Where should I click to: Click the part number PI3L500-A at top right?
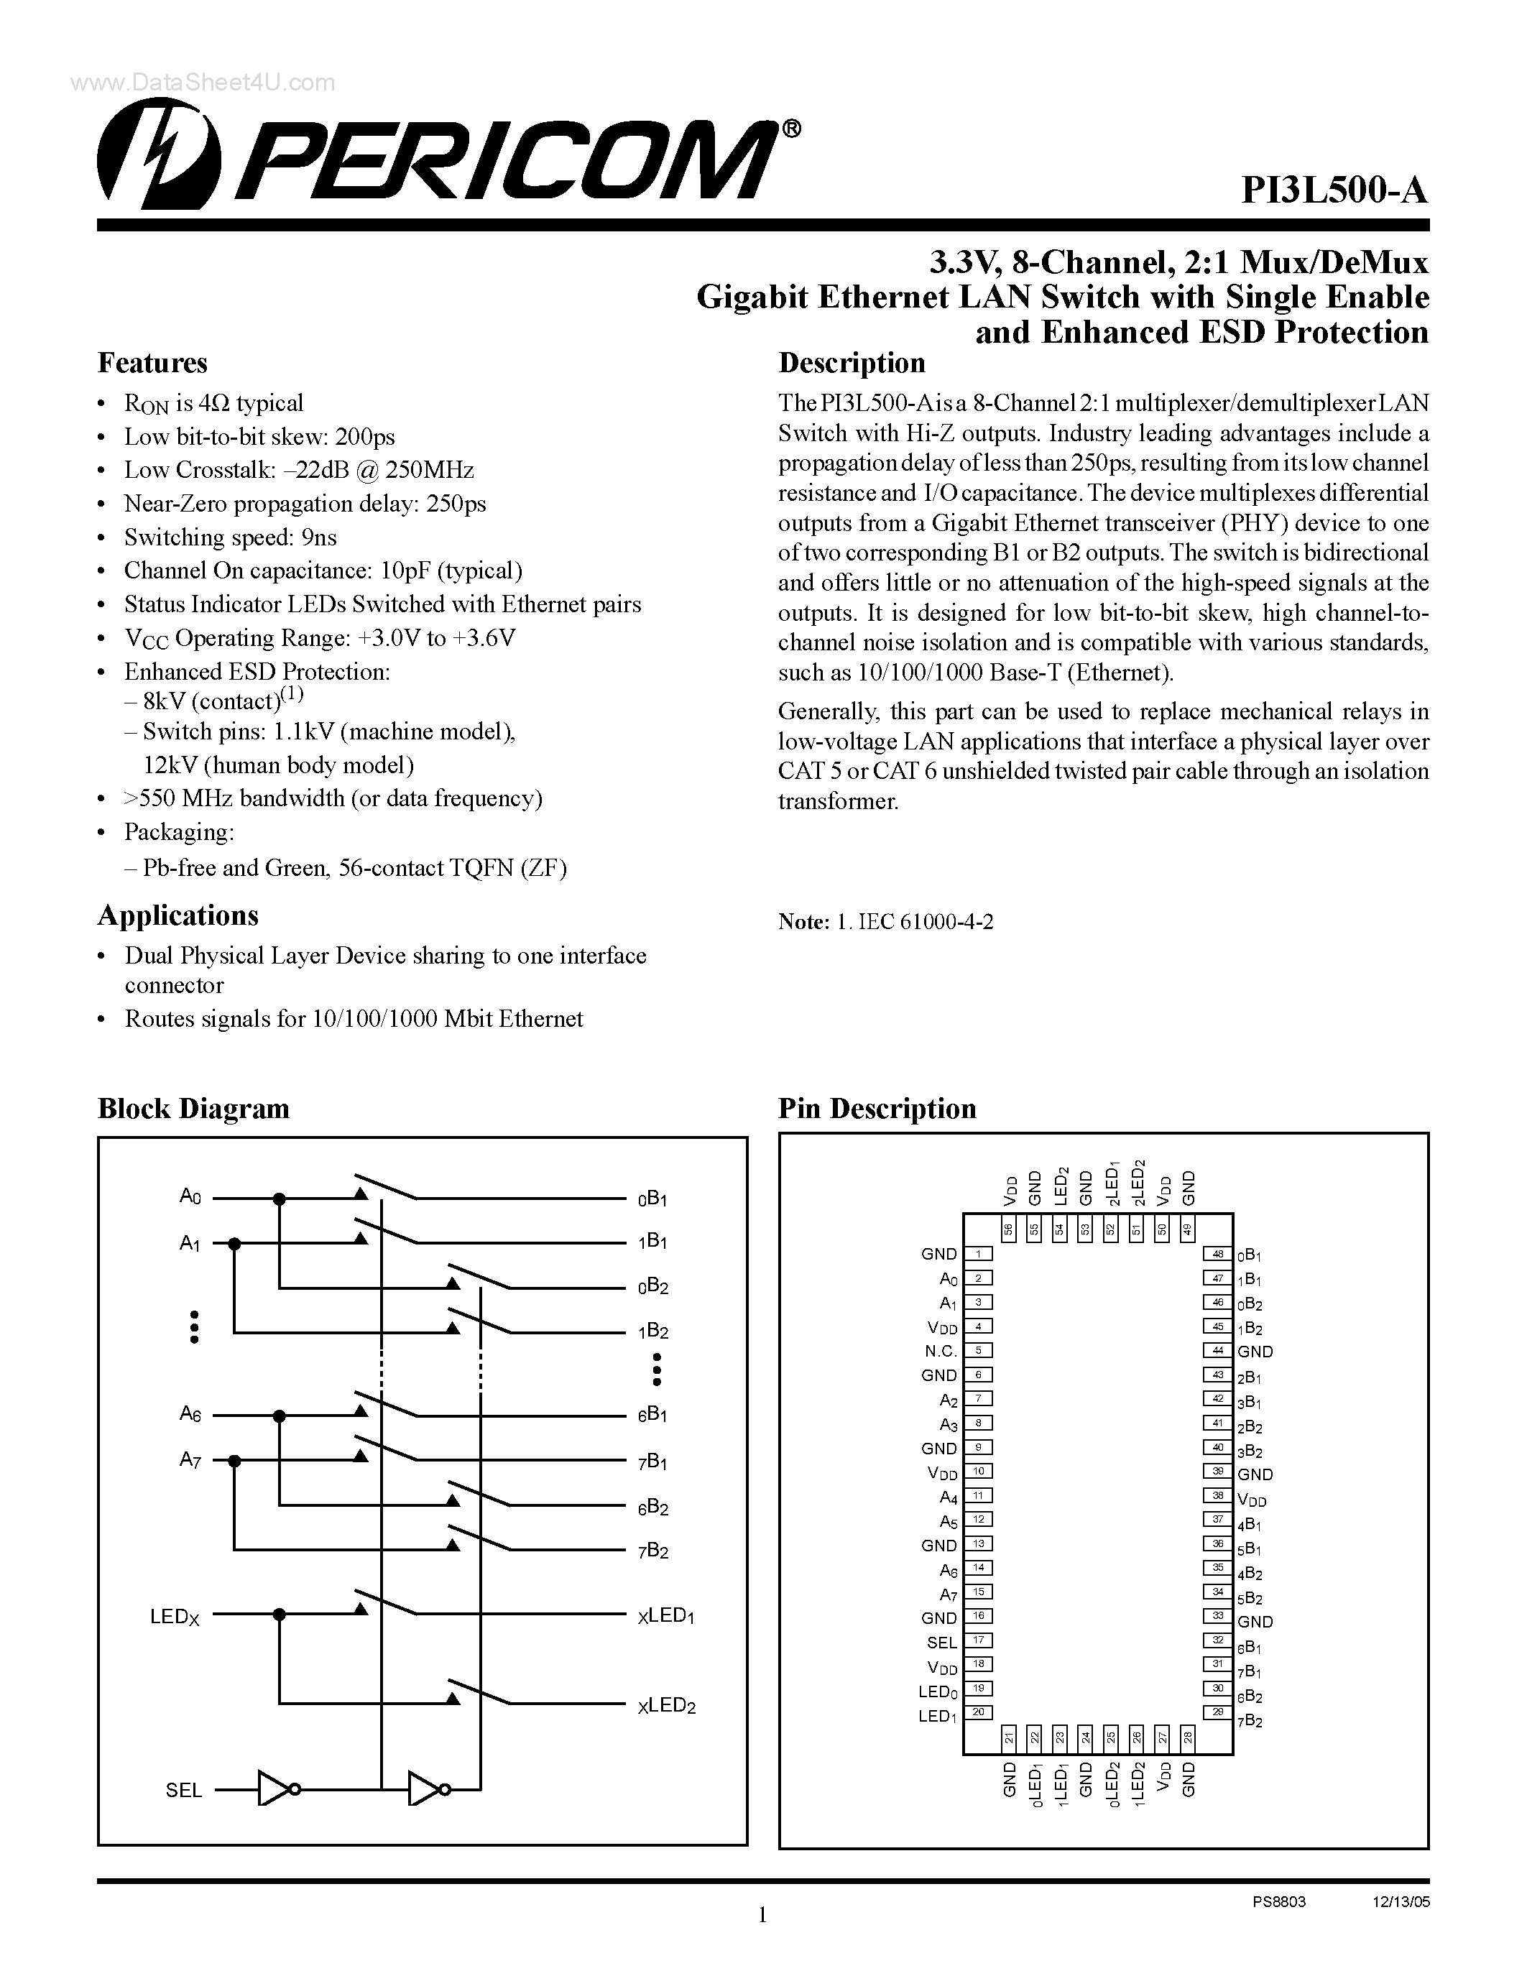pyautogui.click(x=1334, y=191)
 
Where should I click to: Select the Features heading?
pyautogui.click(x=152, y=364)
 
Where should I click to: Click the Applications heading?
pyautogui.click(x=177, y=915)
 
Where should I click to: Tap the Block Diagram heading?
pyautogui.click(x=193, y=1108)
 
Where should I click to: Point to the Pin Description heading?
pyautogui.click(x=877, y=1108)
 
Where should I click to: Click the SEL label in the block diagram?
pyautogui.click(x=184, y=1791)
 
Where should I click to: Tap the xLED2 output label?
pyautogui.click(x=666, y=1706)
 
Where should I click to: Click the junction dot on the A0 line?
pyautogui.click(x=280, y=1199)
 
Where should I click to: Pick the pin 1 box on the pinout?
pyautogui.click(x=978, y=1254)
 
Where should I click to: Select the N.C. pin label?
pyautogui.click(x=940, y=1351)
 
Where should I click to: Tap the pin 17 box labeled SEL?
pyautogui.click(x=978, y=1640)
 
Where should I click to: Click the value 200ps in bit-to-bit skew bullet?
pyautogui.click(x=364, y=437)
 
